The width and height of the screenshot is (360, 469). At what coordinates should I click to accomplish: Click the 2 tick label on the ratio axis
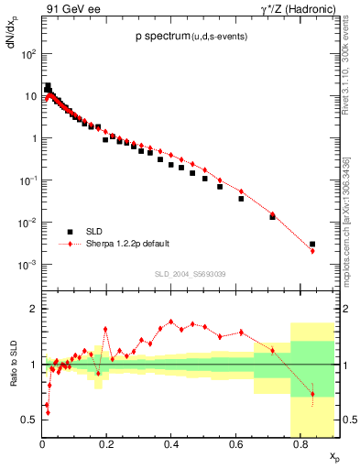click(x=33, y=309)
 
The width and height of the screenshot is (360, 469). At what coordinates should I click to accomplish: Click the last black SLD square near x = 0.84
click(x=312, y=245)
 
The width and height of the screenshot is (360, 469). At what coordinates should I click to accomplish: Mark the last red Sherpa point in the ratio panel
click(x=312, y=394)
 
